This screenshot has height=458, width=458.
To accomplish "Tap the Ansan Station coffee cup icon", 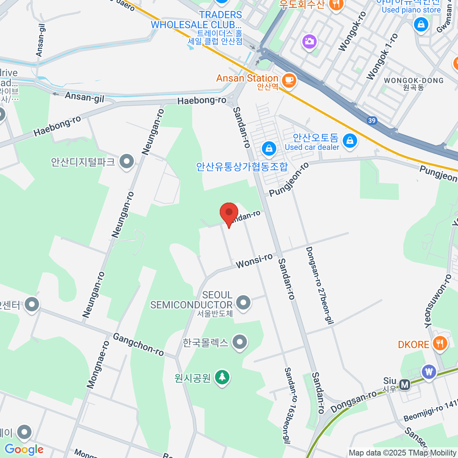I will pos(289,80).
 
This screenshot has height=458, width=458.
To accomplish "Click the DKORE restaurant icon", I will pos(440,343).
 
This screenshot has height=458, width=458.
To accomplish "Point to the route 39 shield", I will pos(372,121).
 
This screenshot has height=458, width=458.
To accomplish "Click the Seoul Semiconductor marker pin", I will pos(243,303).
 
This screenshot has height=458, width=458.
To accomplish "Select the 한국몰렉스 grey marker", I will pos(240,342).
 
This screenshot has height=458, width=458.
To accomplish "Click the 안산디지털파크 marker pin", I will pos(126,162).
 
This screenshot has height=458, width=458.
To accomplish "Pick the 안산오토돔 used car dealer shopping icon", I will pos(350,141).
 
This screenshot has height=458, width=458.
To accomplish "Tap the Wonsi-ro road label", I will pos(254,261).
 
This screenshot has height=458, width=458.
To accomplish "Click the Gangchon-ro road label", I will pos(138,344).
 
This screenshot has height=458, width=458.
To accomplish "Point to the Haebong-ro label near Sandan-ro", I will pos(202,101).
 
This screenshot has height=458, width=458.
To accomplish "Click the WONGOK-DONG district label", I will pos(414,81).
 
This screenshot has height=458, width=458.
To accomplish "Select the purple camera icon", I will pos(309,41).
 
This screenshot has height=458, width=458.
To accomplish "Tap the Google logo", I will pos(24,450).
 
